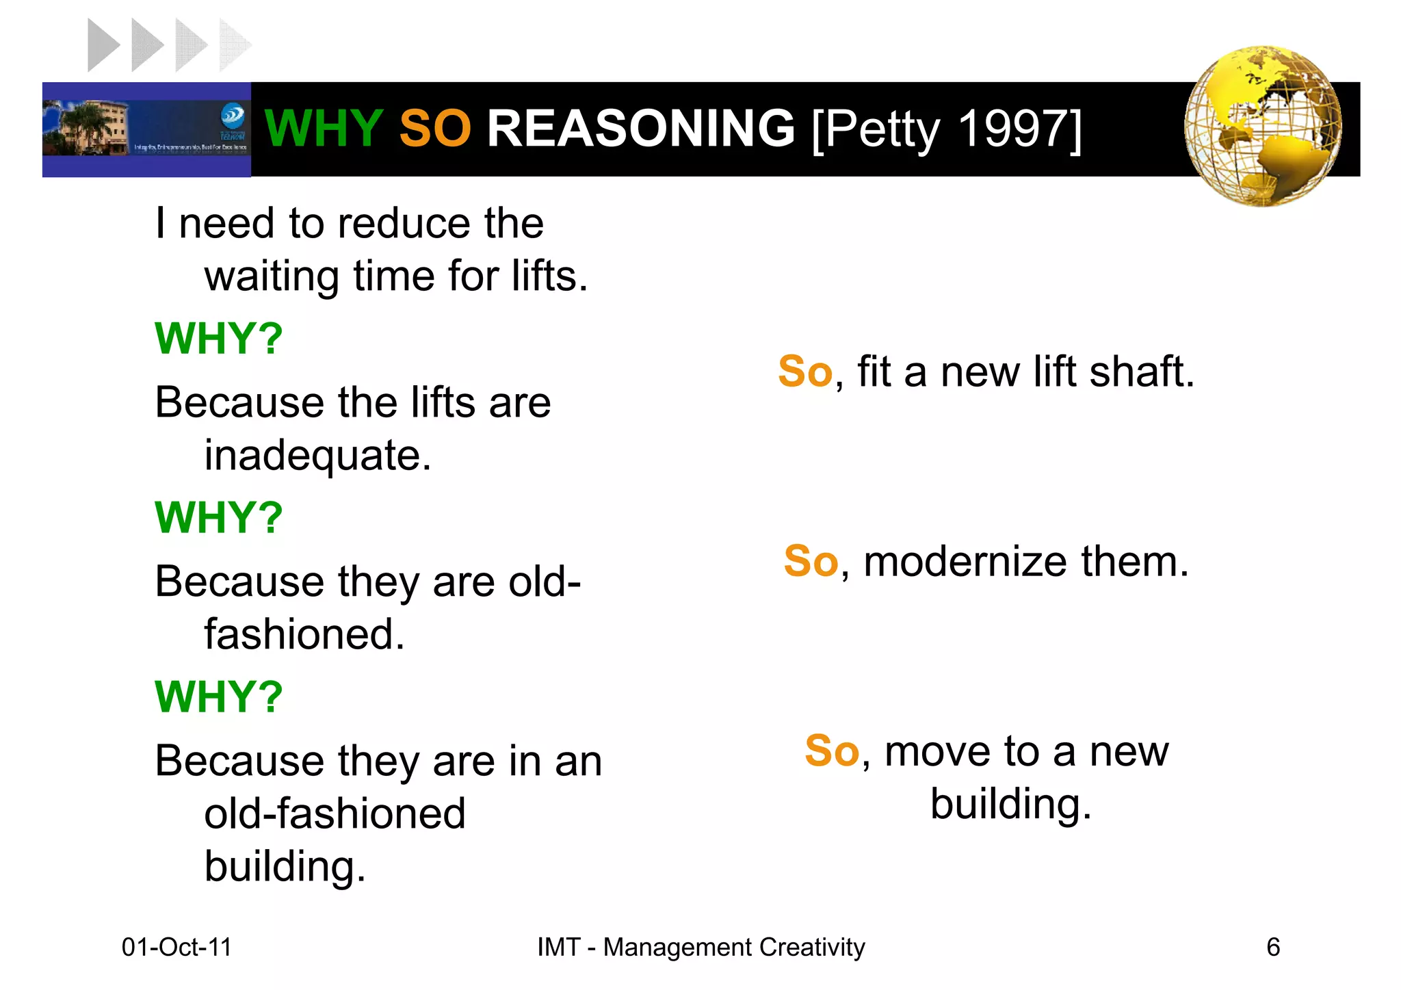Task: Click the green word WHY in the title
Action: coord(323,128)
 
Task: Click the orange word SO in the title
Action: coord(434,128)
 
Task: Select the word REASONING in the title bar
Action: coord(640,128)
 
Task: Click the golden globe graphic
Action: coord(1262,127)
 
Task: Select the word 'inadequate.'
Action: coord(317,456)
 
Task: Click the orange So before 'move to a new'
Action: coord(831,751)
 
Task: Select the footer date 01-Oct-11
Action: coord(176,947)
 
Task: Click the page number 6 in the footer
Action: coord(1272,947)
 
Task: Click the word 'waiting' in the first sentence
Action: coord(272,277)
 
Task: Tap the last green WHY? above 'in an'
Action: coord(218,696)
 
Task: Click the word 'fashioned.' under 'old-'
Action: coord(304,635)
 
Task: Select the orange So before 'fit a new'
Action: coord(804,372)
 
